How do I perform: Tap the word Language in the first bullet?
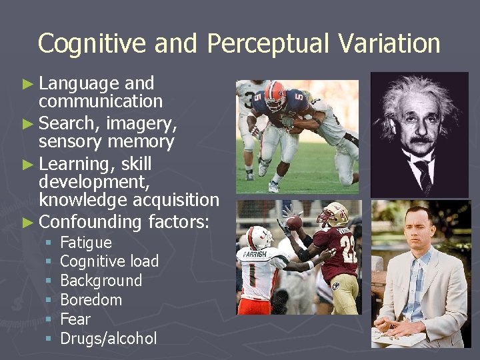[79, 84]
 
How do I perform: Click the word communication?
[101, 101]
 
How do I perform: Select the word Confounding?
[90, 221]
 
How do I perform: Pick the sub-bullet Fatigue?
[86, 243]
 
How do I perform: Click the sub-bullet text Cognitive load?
[109, 261]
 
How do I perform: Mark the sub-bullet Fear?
[75, 319]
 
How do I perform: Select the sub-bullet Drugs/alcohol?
[109, 339]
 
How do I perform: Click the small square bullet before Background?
[48, 281]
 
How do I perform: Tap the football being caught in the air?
[293, 222]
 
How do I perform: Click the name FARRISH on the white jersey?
[255, 253]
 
